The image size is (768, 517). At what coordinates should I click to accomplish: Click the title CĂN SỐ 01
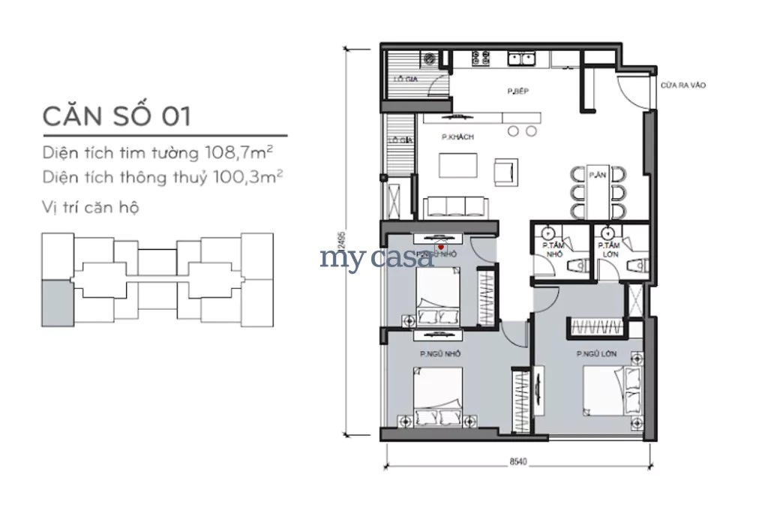tap(117, 116)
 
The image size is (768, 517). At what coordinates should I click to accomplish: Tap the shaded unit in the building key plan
tap(58, 302)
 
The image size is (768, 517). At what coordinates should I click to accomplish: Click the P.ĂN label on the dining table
tap(597, 174)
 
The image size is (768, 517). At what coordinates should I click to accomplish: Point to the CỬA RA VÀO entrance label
tap(682, 86)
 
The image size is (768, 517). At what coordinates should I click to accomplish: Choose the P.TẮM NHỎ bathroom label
tap(553, 250)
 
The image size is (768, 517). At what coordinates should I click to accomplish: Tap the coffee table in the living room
tap(457, 164)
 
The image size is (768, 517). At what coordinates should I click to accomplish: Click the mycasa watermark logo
tap(376, 257)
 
